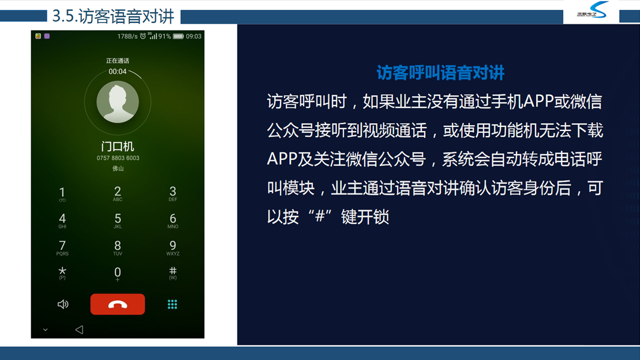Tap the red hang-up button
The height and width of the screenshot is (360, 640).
click(x=118, y=304)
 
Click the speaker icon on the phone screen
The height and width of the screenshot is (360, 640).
click(x=63, y=305)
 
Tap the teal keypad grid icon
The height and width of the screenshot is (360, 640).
click(x=172, y=305)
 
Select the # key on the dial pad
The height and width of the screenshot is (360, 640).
click(x=173, y=272)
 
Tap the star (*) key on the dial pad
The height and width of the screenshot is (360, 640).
click(x=62, y=272)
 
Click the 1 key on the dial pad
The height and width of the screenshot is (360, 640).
click(x=62, y=193)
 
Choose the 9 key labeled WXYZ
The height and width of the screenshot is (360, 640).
click(x=173, y=247)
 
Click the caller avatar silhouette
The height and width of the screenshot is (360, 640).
click(x=118, y=102)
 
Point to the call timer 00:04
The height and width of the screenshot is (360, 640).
click(x=118, y=72)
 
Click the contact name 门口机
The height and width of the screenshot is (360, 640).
click(x=118, y=147)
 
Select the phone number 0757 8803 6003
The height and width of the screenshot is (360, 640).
click(x=118, y=158)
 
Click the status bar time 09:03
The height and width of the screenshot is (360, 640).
click(x=193, y=36)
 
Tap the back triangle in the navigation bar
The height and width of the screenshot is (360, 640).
click(x=79, y=329)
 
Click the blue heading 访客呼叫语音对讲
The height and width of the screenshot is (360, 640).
click(x=440, y=73)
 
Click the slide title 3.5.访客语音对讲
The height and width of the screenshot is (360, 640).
click(x=113, y=16)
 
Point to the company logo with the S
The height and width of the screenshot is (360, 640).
click(x=592, y=11)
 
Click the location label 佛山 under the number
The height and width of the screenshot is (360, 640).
click(x=118, y=168)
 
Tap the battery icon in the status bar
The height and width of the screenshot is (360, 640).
click(x=178, y=36)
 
